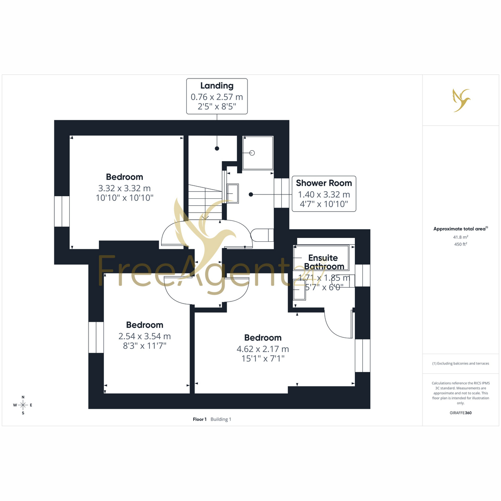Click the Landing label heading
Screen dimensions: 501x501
click(x=217, y=86)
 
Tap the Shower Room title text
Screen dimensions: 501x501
click(x=324, y=183)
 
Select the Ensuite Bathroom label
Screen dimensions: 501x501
click(x=324, y=262)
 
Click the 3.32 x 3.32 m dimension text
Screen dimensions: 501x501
click(x=124, y=188)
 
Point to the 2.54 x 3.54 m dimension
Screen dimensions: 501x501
click(x=144, y=336)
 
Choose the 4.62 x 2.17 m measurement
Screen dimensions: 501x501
click(x=263, y=349)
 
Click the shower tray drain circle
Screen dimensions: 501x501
click(x=252, y=153)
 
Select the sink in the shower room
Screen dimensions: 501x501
click(x=233, y=193)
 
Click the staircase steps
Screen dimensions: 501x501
click(x=205, y=202)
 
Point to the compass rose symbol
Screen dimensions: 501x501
click(x=23, y=405)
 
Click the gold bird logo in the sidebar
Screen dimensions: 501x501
click(x=461, y=100)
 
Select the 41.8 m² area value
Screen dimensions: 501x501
click(x=461, y=237)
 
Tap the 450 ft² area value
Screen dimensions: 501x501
click(x=461, y=244)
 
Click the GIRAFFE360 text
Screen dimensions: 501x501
click(x=461, y=412)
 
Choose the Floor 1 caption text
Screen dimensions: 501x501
click(x=200, y=419)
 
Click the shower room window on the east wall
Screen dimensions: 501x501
click(x=281, y=193)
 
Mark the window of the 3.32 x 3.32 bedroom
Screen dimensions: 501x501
click(x=62, y=211)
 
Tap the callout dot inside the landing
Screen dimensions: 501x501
click(x=217, y=149)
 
